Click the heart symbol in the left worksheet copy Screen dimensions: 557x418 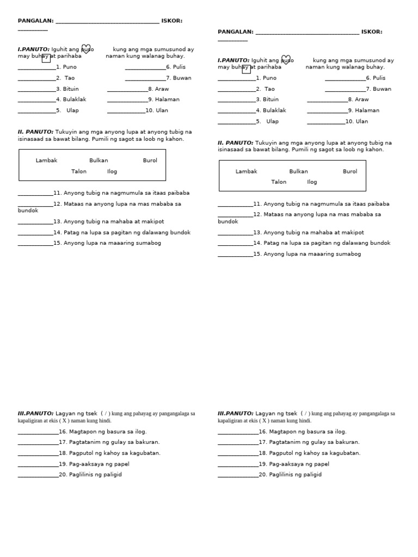[x=86, y=49]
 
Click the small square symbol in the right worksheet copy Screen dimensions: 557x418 [x=246, y=69]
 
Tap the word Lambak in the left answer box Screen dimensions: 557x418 [x=46, y=160]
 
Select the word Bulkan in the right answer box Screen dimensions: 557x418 [x=298, y=171]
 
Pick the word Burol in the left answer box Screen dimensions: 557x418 [x=150, y=160]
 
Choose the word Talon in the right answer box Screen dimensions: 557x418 [x=279, y=182]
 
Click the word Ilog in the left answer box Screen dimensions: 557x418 [x=112, y=171]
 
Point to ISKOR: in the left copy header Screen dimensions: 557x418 [x=171, y=21]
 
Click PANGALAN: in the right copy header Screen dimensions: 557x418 [x=235, y=32]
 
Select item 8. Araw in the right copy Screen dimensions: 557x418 [x=358, y=100]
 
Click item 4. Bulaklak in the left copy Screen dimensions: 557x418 [x=71, y=100]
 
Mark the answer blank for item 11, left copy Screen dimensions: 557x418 [x=35, y=194]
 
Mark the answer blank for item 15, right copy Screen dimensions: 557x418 [x=235, y=255]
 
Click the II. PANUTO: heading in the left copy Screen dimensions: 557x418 [x=35, y=132]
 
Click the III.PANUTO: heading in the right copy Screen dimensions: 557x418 [x=236, y=413]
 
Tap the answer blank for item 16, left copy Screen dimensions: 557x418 [x=38, y=432]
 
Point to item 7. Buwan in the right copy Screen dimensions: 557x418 [x=378, y=89]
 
